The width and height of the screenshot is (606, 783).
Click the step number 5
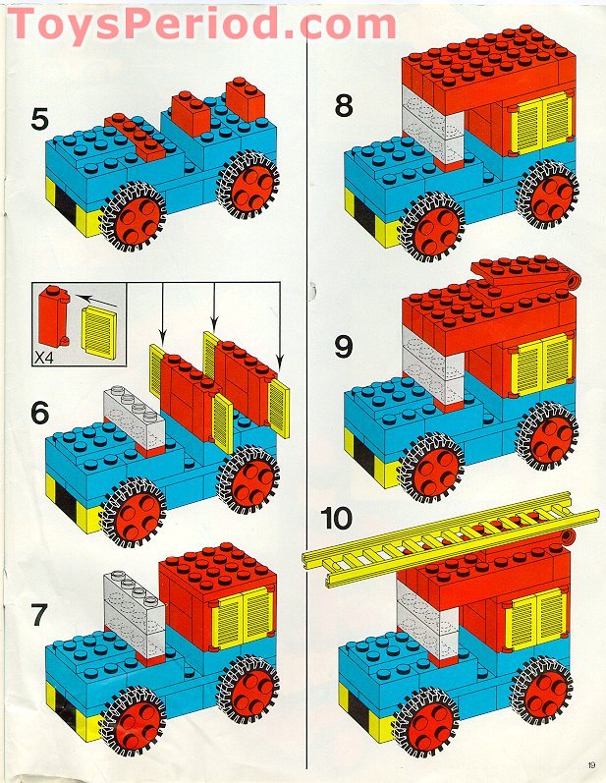39,121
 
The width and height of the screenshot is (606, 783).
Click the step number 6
39,413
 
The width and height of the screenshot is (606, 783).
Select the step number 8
344,106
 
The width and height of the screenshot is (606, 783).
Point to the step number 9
344,346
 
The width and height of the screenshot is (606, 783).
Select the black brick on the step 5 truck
64,206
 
